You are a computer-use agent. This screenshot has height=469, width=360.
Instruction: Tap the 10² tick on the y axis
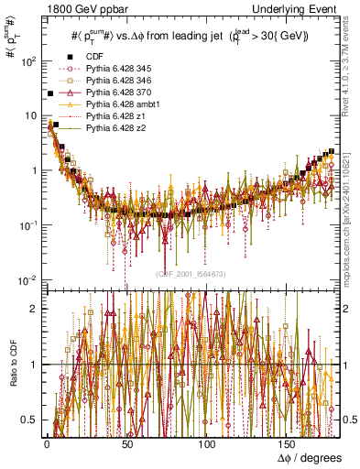(x=29, y=61)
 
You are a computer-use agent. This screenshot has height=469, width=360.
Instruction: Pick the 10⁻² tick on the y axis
(x=29, y=279)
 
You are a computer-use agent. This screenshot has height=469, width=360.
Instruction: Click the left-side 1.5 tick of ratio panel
(x=32, y=336)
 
